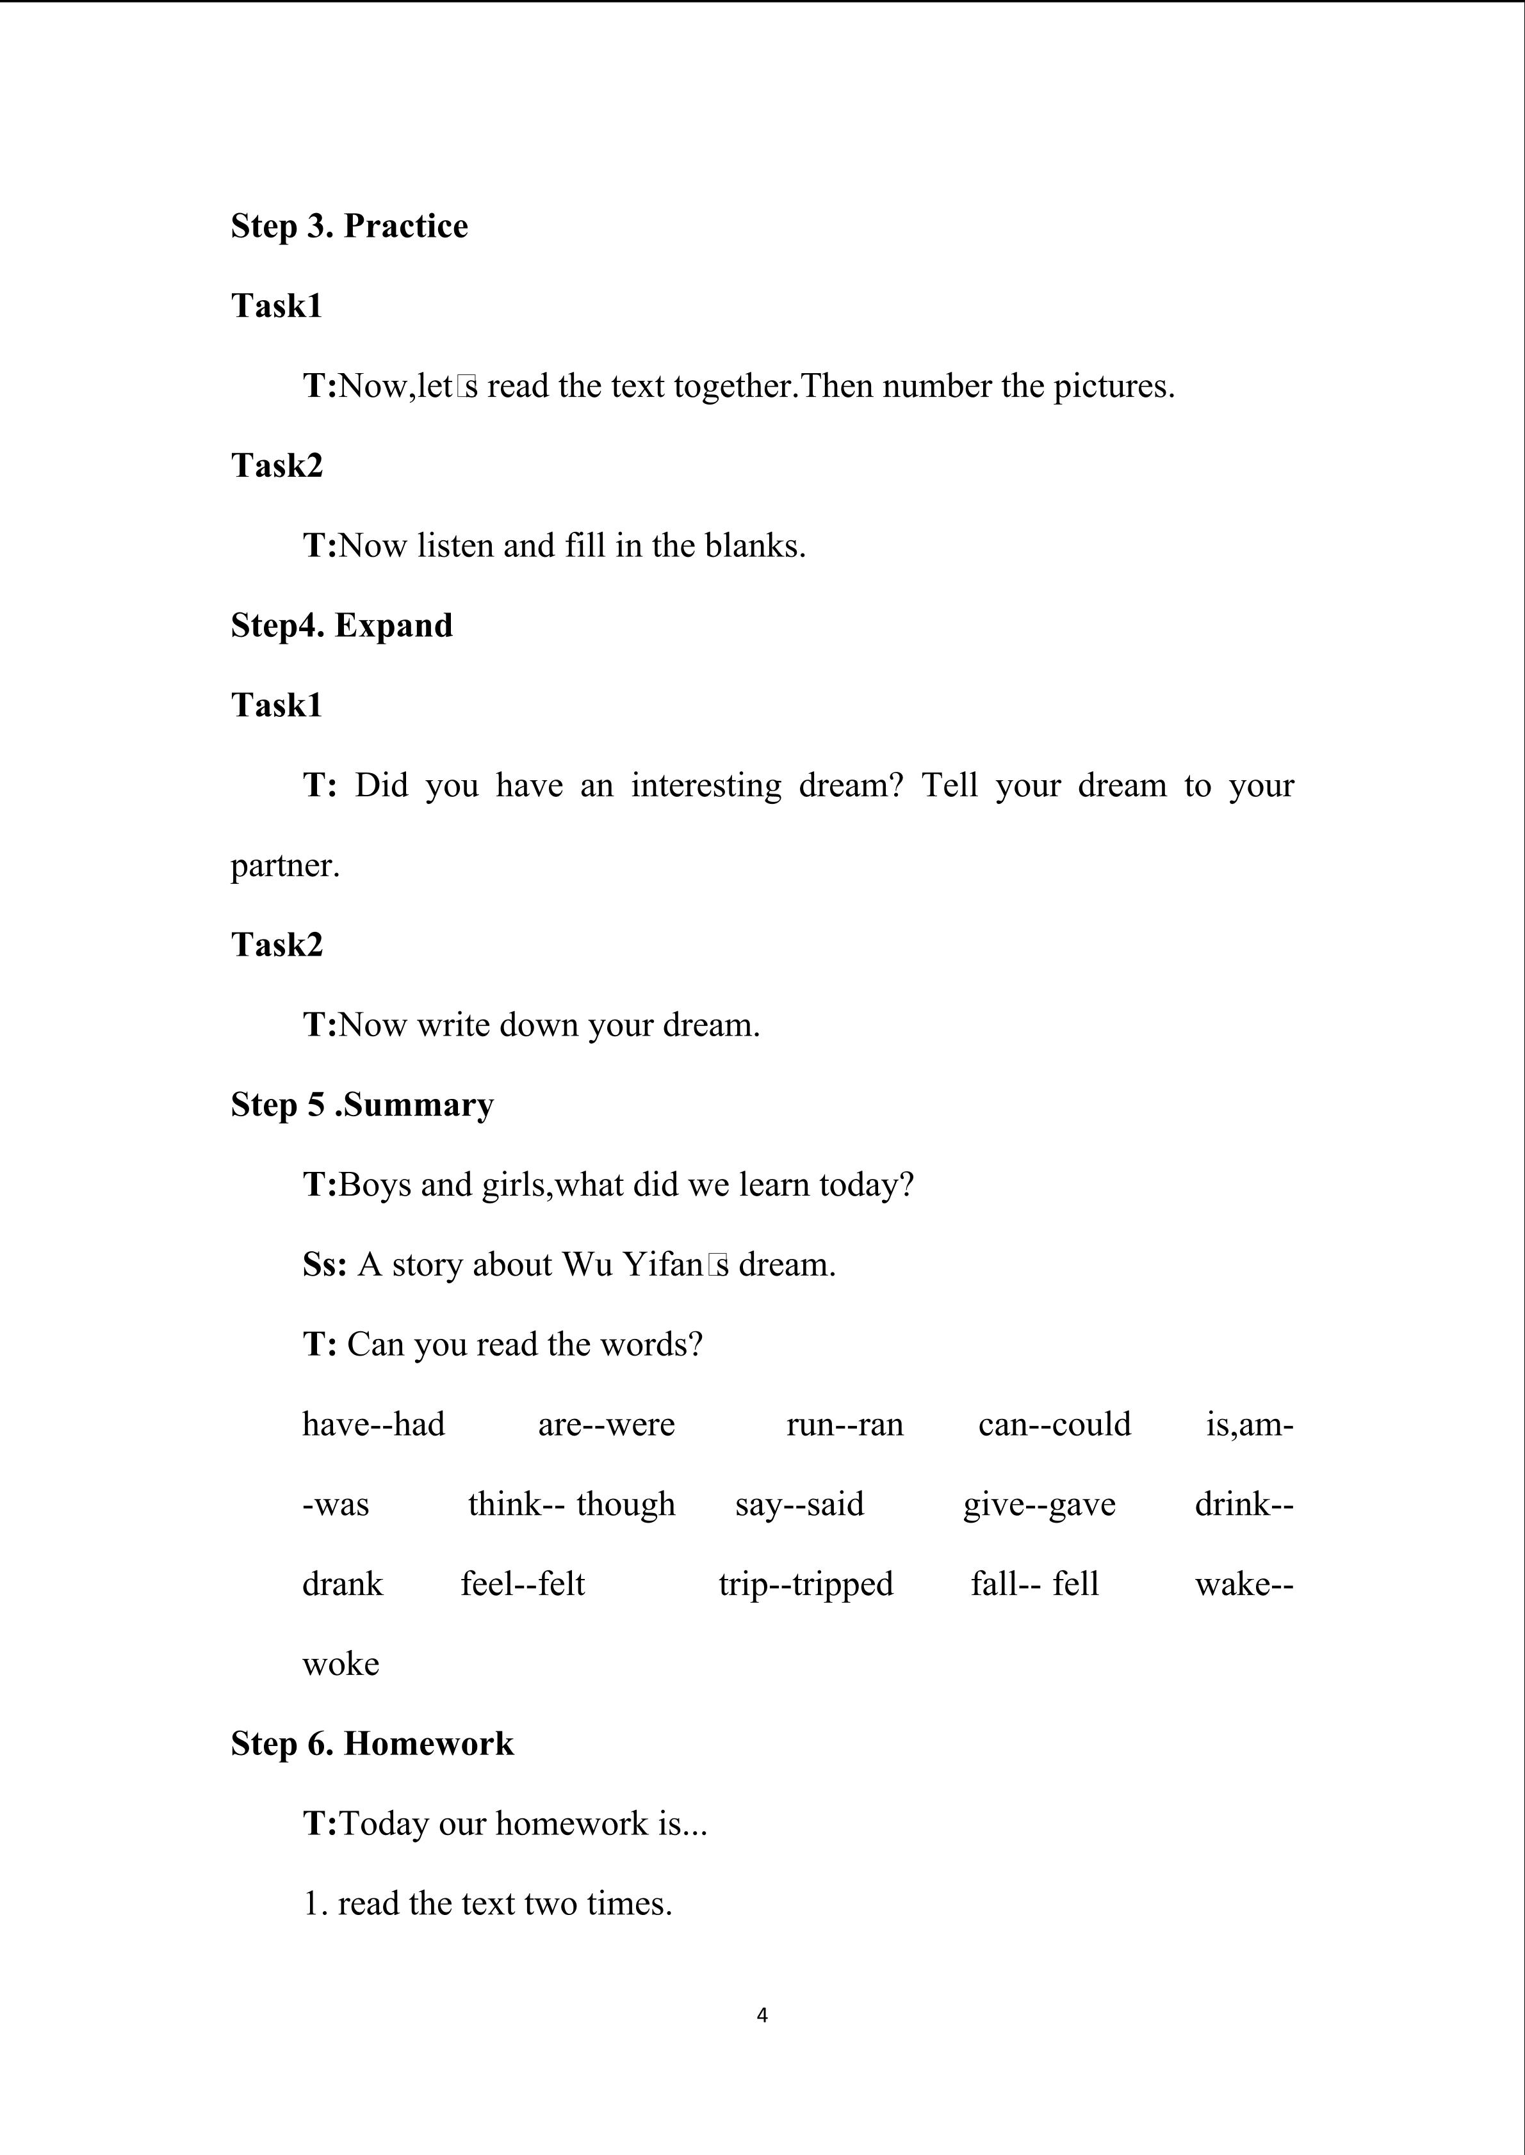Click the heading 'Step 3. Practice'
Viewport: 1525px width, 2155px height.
349,226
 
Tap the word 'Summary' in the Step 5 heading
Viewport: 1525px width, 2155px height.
418,1105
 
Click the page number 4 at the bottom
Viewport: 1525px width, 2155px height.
762,2015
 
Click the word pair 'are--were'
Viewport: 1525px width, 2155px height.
606,1425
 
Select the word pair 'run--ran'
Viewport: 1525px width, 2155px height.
844,1425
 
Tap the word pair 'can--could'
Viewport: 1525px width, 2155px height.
1054,1425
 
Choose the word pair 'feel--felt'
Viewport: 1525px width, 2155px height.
522,1584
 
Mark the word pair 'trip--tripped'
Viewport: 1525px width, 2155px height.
806,1584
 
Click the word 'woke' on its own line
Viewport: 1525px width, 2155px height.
341,1664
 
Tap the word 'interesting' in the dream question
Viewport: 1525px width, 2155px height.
705,785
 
